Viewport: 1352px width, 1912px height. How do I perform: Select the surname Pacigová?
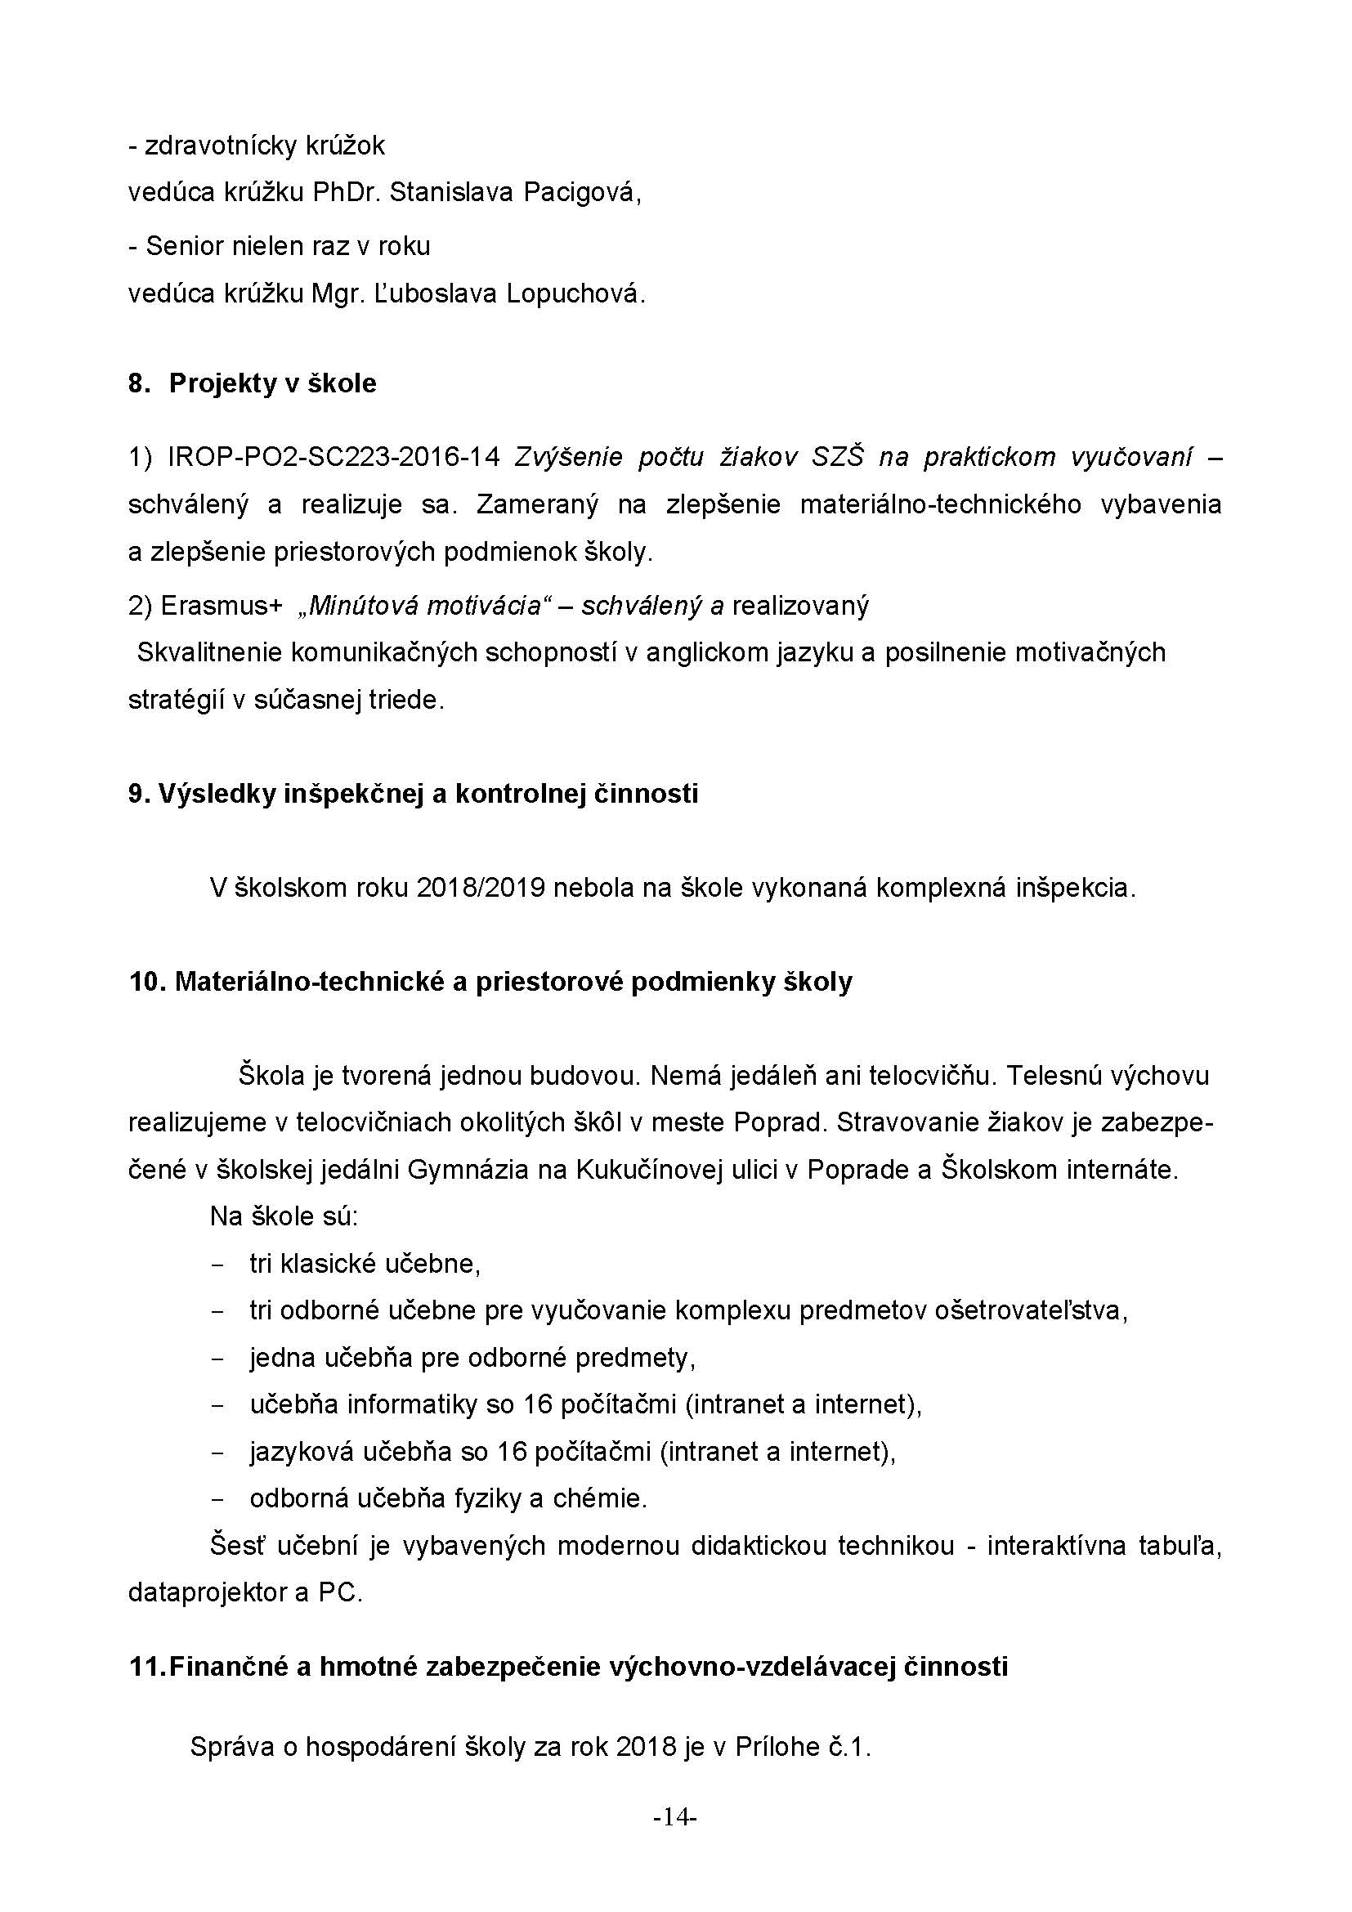[x=582, y=193]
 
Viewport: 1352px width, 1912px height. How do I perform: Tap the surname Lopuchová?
[x=575, y=294]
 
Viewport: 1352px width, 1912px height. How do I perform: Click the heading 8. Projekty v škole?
[x=253, y=384]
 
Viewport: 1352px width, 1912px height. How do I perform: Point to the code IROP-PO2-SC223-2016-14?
[x=334, y=457]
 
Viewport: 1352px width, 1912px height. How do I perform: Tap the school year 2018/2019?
[x=481, y=889]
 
